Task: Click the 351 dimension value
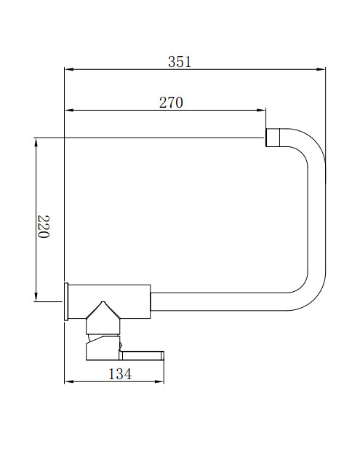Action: [180, 62]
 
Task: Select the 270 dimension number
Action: [171, 103]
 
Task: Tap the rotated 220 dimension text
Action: [44, 227]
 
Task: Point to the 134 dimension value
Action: [120, 374]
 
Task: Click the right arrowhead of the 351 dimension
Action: [321, 70]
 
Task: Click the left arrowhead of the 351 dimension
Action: [68, 70]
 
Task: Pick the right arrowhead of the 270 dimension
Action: [261, 111]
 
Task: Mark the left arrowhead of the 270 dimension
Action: [68, 111]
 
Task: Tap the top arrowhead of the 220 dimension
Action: [36, 142]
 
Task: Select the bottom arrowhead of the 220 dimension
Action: [36, 297]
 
